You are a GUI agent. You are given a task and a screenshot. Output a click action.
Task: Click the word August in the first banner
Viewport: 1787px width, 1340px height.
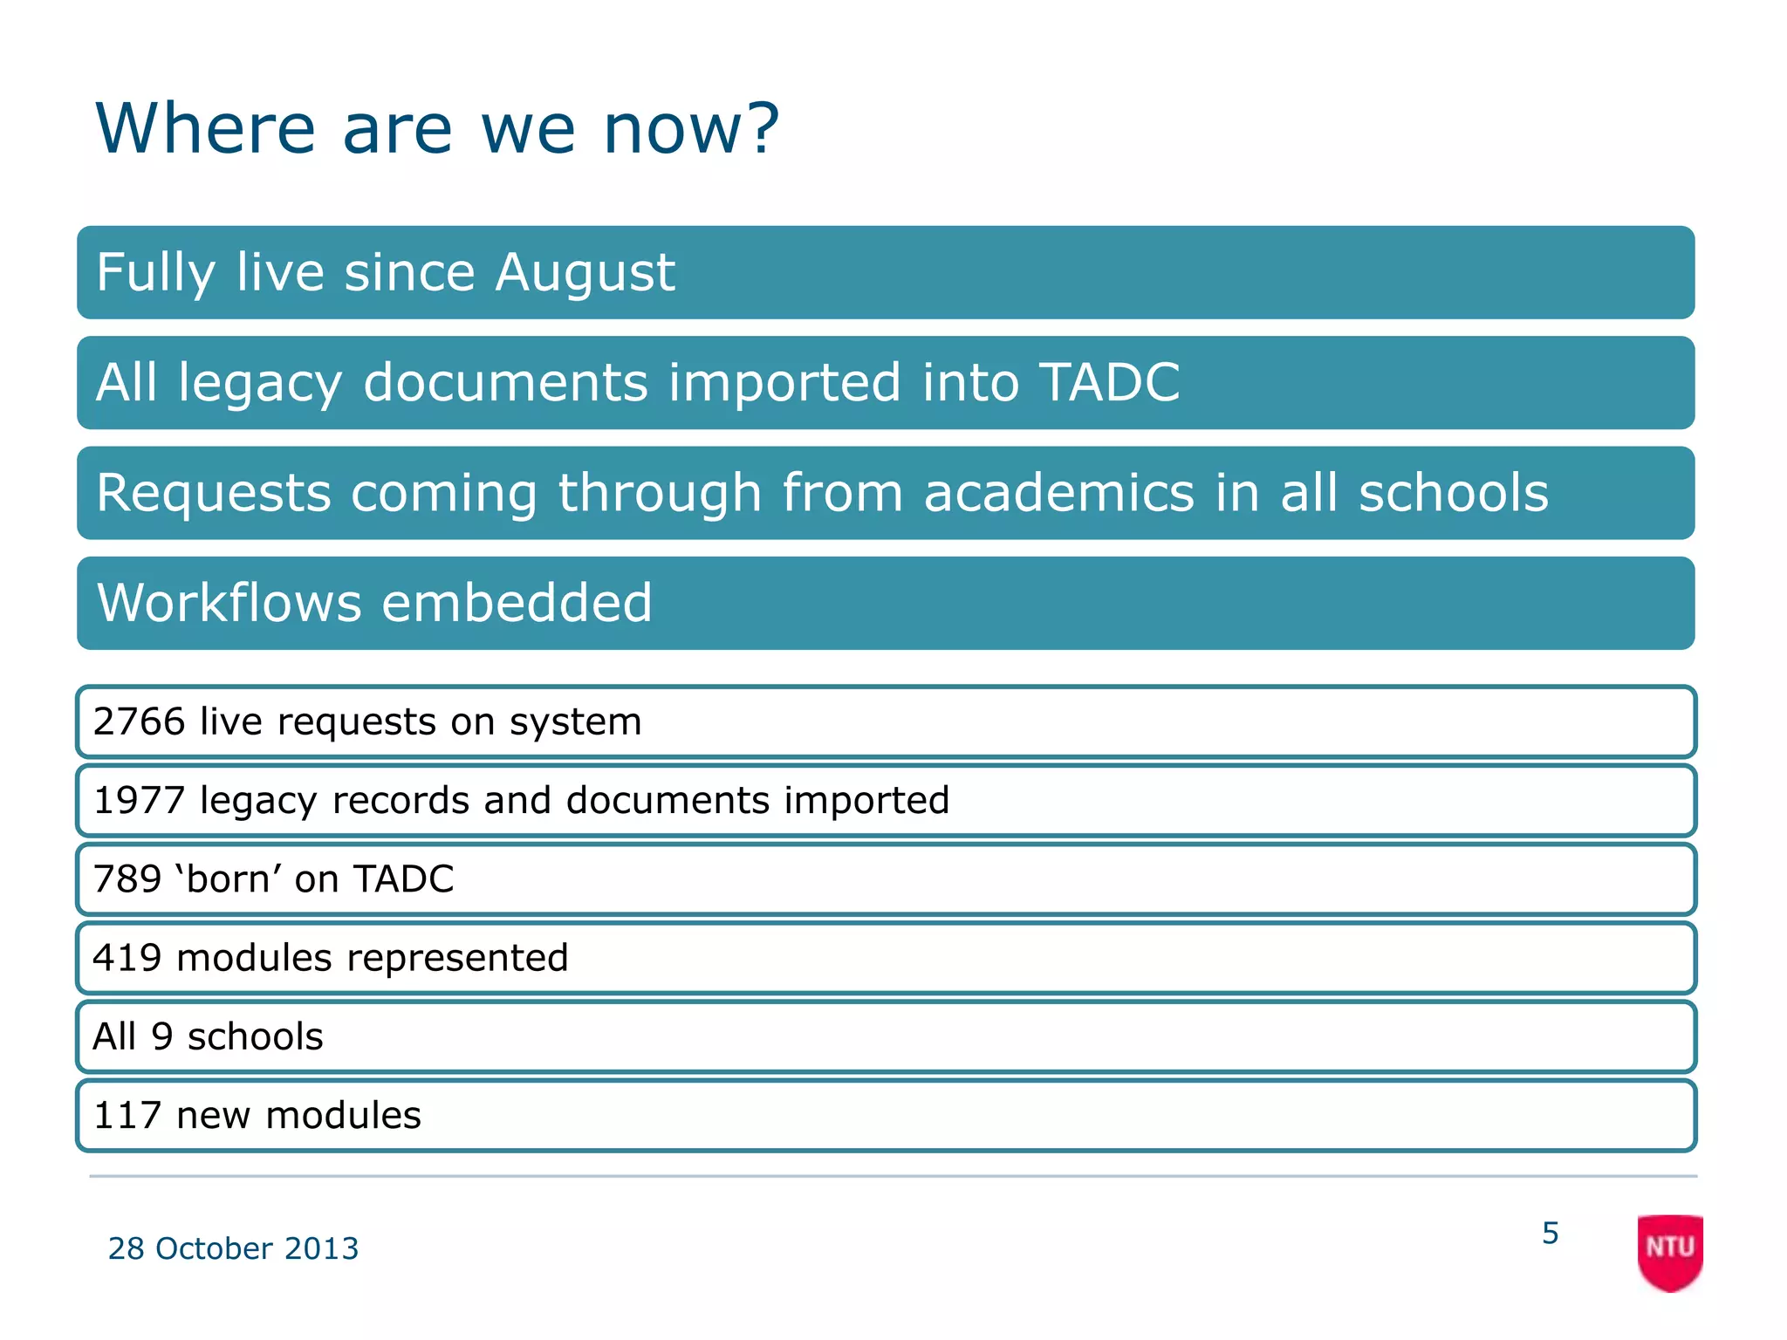point(585,272)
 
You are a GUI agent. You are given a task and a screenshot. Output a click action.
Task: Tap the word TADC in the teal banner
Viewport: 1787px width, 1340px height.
point(1109,382)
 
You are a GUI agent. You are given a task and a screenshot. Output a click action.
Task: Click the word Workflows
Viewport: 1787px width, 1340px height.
point(229,603)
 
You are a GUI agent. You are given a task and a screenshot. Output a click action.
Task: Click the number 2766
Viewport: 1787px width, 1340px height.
point(139,721)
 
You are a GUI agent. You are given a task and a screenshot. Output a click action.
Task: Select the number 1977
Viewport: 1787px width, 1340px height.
point(139,800)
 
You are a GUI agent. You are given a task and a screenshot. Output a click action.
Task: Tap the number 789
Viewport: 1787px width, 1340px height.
point(127,879)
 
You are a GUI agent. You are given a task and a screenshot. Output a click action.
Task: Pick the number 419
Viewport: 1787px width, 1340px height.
point(127,958)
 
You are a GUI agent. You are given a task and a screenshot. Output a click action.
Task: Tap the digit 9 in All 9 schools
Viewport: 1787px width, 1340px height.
point(162,1036)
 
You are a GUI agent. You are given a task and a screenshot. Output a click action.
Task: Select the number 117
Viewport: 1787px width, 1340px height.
point(127,1115)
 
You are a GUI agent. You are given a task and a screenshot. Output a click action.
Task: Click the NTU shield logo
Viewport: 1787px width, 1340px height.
point(1669,1251)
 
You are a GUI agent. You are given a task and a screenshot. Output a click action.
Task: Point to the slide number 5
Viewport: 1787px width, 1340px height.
point(1550,1233)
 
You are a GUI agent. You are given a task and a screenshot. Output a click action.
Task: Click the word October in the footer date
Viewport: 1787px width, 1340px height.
point(214,1248)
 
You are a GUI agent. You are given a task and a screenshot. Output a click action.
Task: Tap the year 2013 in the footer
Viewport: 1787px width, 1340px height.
point(321,1248)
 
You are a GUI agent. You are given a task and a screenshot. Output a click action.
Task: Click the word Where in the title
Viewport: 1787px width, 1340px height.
point(205,129)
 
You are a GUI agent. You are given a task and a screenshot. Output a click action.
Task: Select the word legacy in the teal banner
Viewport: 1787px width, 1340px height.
point(260,384)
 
